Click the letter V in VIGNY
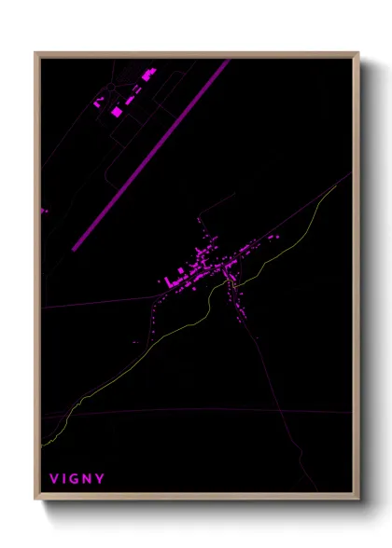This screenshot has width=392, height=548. (54, 479)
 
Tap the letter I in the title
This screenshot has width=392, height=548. (65, 479)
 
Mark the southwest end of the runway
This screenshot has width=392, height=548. (76, 247)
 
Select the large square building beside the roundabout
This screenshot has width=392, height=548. (117, 111)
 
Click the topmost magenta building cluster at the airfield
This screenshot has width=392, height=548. (148, 73)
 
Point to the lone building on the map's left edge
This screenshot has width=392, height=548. (44, 212)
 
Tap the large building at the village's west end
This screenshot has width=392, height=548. (171, 281)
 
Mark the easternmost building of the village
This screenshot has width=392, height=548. (277, 237)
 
